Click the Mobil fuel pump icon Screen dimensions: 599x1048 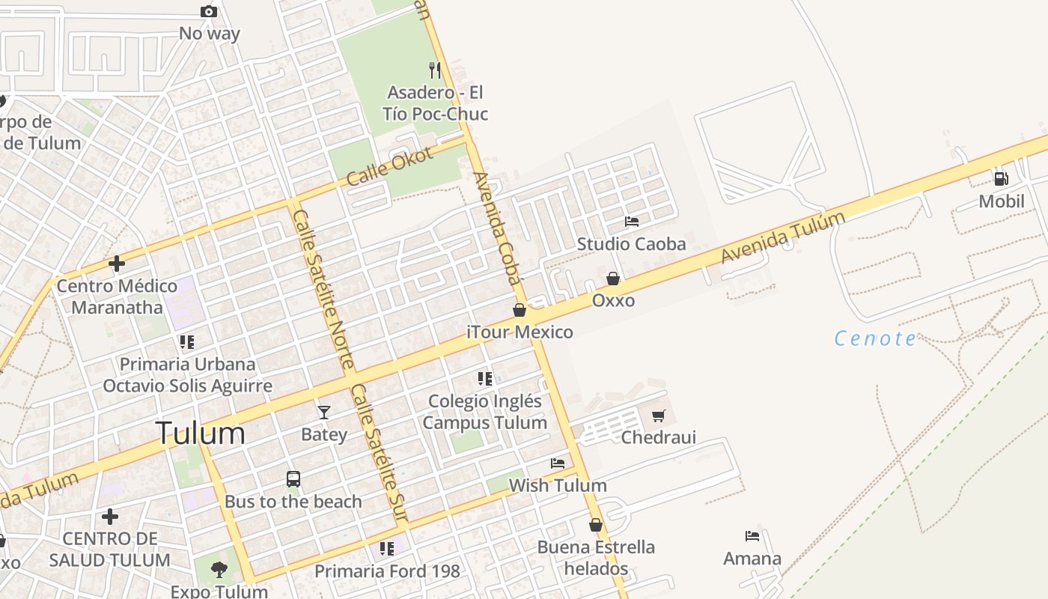click(x=1001, y=178)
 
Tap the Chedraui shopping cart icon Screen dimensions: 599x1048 click(x=658, y=416)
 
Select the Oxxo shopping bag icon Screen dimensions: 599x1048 click(x=613, y=279)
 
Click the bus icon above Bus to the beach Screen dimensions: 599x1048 click(x=293, y=479)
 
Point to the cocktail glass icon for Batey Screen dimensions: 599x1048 click(x=323, y=413)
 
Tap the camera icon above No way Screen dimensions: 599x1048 click(x=209, y=11)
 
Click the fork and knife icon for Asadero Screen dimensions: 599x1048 click(x=435, y=70)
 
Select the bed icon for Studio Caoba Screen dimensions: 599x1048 click(x=632, y=222)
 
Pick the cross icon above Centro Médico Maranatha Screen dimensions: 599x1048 click(x=116, y=264)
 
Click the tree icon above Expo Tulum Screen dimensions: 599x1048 click(x=219, y=570)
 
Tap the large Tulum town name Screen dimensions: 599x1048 click(x=201, y=434)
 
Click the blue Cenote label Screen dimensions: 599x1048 click(x=875, y=338)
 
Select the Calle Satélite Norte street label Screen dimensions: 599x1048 click(x=323, y=289)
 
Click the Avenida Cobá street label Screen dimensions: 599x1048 click(x=496, y=228)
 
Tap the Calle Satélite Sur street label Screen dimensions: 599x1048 click(x=380, y=453)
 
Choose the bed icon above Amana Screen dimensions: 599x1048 click(x=752, y=536)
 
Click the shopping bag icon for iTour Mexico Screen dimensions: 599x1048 click(x=520, y=310)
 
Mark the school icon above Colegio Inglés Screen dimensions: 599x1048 click(x=485, y=379)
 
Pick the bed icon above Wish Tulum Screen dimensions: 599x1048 click(x=558, y=463)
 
